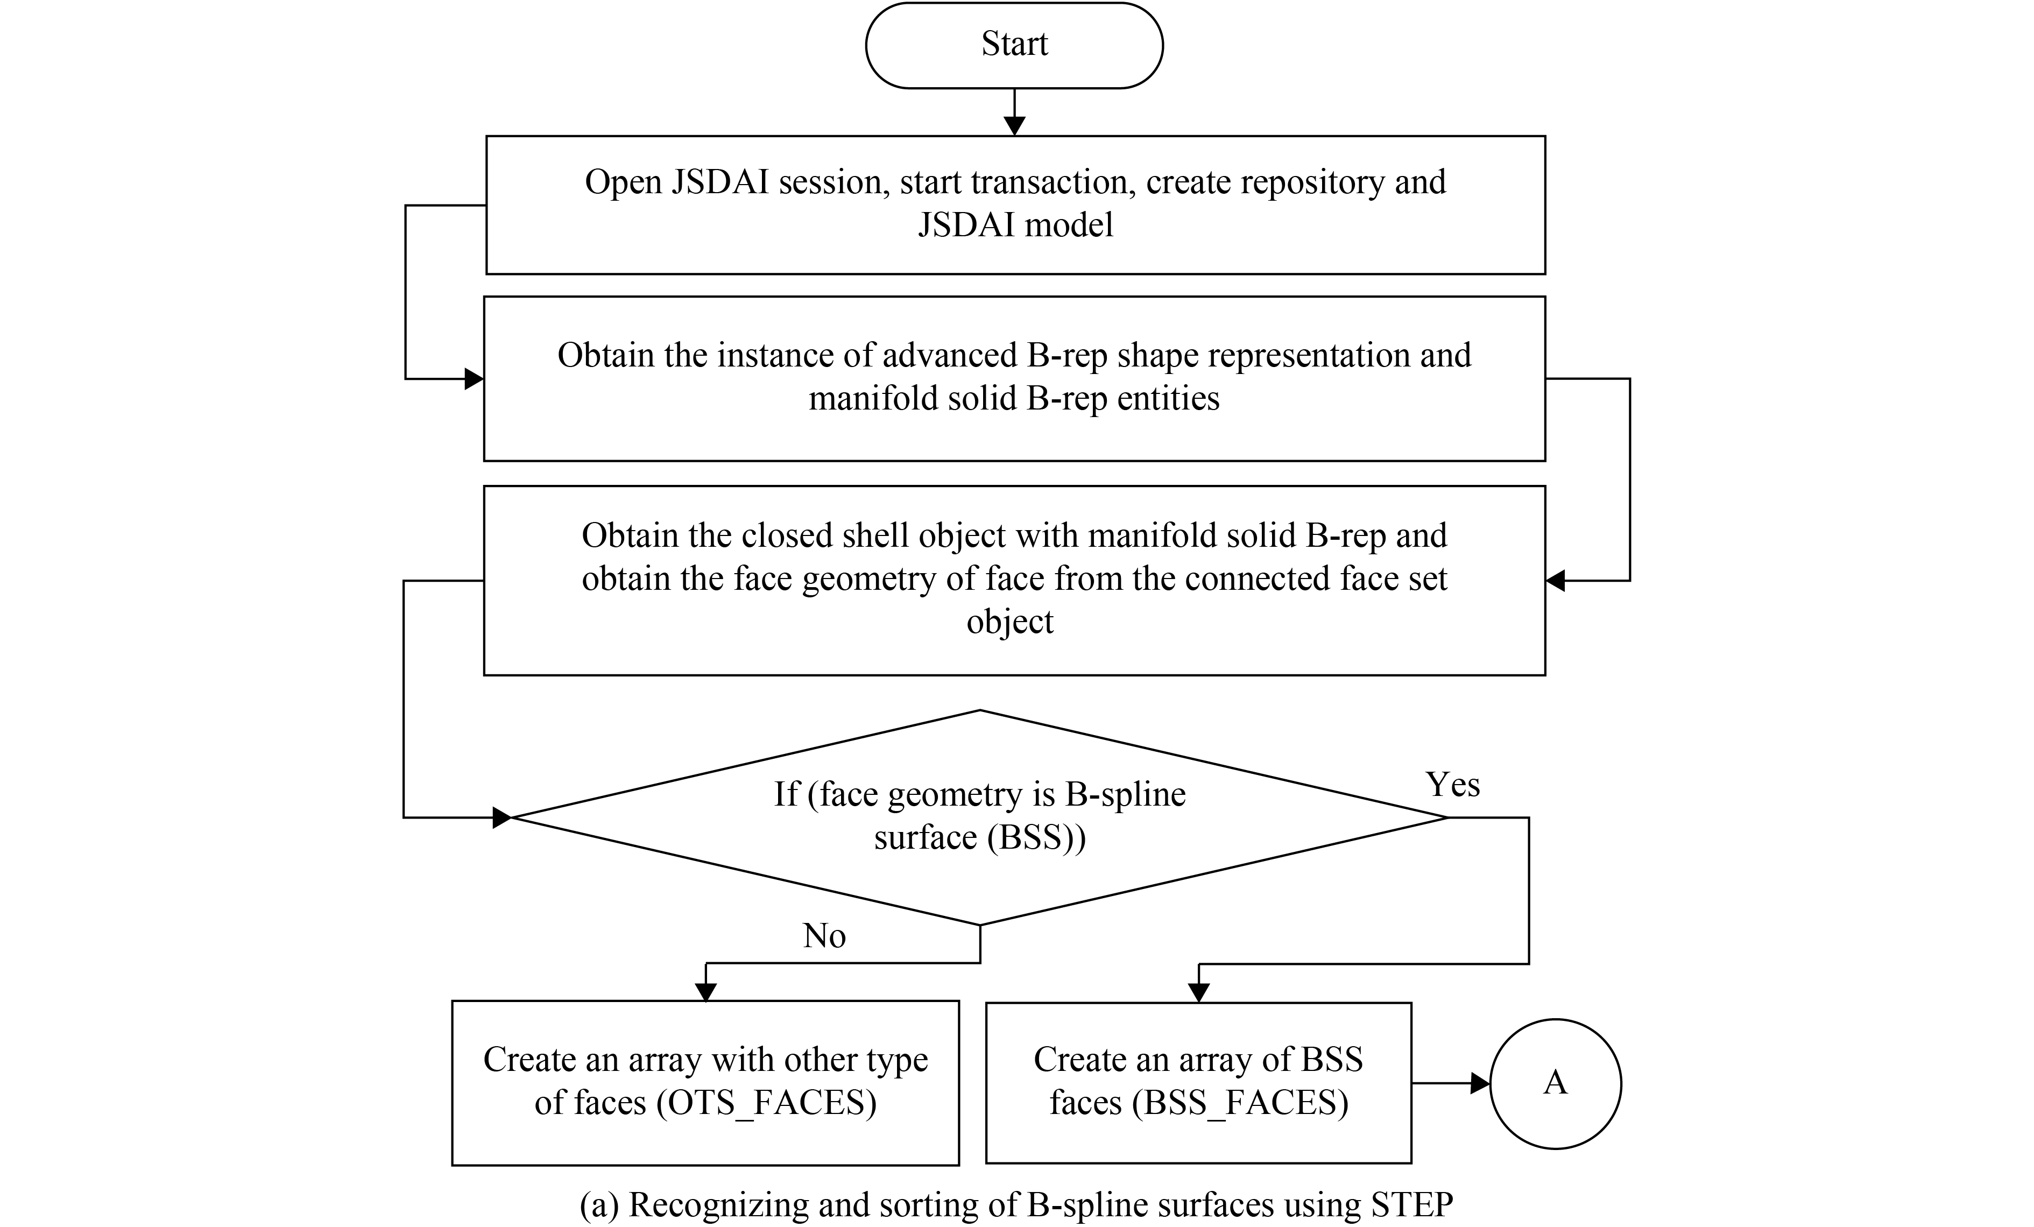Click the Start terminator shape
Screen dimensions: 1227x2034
1014,45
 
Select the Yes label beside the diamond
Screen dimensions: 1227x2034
1453,785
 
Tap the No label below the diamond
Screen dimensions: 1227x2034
824,935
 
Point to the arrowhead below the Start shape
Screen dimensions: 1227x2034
1014,125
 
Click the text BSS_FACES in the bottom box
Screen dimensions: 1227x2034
1240,1103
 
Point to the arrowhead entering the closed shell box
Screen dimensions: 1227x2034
1555,581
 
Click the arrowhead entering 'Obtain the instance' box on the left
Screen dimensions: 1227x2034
474,379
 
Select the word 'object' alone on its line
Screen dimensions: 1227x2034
1009,622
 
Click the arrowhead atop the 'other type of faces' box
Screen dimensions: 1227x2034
706,992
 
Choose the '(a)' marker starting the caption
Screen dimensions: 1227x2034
598,1205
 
